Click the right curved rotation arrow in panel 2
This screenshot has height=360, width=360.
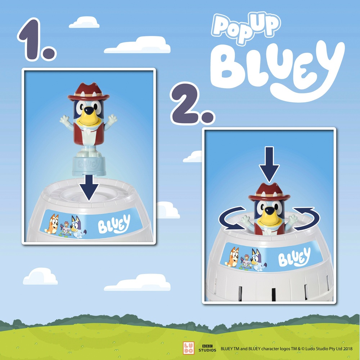point(306,218)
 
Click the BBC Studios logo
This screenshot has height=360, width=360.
point(208,348)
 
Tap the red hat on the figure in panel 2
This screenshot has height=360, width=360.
point(269,193)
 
